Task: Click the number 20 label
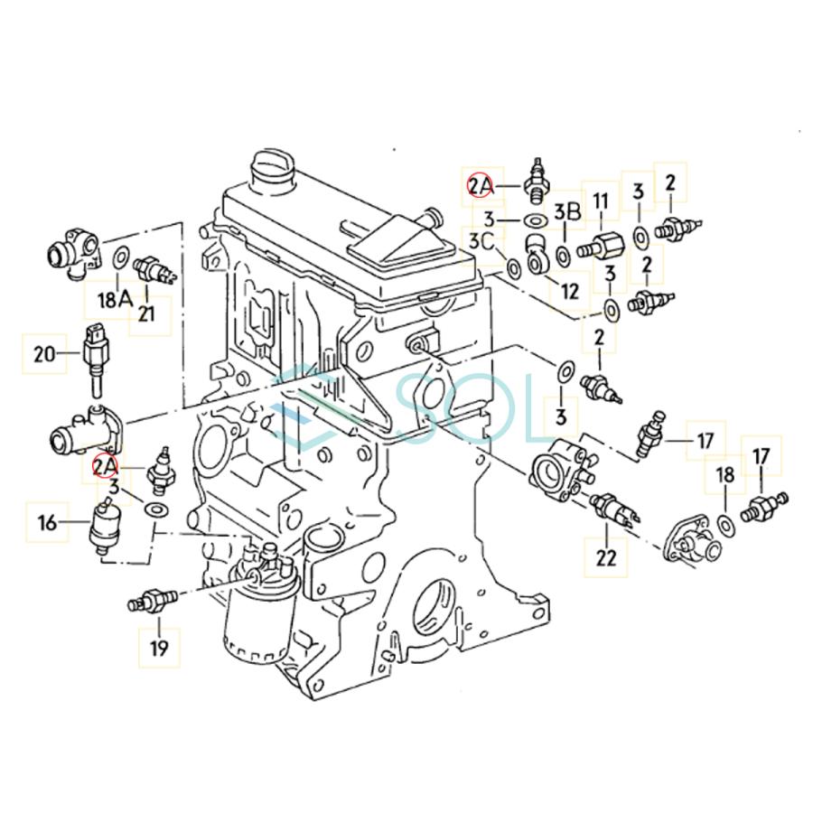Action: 44,353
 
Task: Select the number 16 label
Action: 47,521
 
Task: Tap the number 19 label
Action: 158,647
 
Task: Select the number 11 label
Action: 600,201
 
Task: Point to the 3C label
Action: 481,240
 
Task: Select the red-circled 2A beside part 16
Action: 105,466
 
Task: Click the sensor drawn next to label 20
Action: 97,358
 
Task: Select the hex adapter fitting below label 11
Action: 601,247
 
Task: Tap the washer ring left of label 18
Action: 725,524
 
